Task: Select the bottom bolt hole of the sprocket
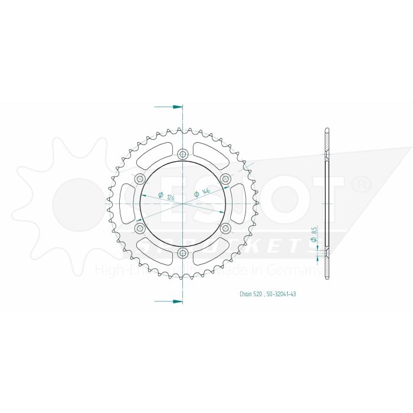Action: [182, 254]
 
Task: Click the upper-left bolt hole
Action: [140, 179]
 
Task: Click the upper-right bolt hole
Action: [225, 179]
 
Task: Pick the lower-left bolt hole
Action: [140, 228]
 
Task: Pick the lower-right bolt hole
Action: [225, 228]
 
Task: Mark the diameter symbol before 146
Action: [196, 194]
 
